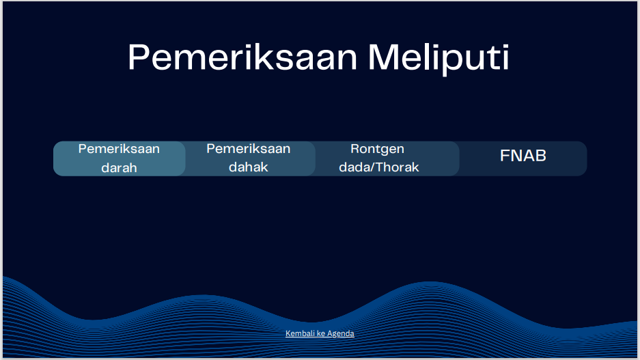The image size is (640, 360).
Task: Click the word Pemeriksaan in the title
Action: (x=243, y=57)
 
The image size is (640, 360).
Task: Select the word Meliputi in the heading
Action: (x=439, y=59)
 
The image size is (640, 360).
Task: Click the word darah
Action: (x=119, y=168)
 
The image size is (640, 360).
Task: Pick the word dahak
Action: (x=248, y=167)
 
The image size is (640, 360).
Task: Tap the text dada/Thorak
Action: (x=379, y=167)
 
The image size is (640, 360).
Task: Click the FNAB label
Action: (x=523, y=156)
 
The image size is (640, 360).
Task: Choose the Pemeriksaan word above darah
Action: (x=119, y=149)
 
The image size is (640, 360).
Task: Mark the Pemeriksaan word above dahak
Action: (x=248, y=148)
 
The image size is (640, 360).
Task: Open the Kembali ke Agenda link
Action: (x=320, y=333)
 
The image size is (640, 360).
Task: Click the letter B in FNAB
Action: (x=541, y=156)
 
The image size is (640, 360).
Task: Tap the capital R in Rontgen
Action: (x=355, y=148)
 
